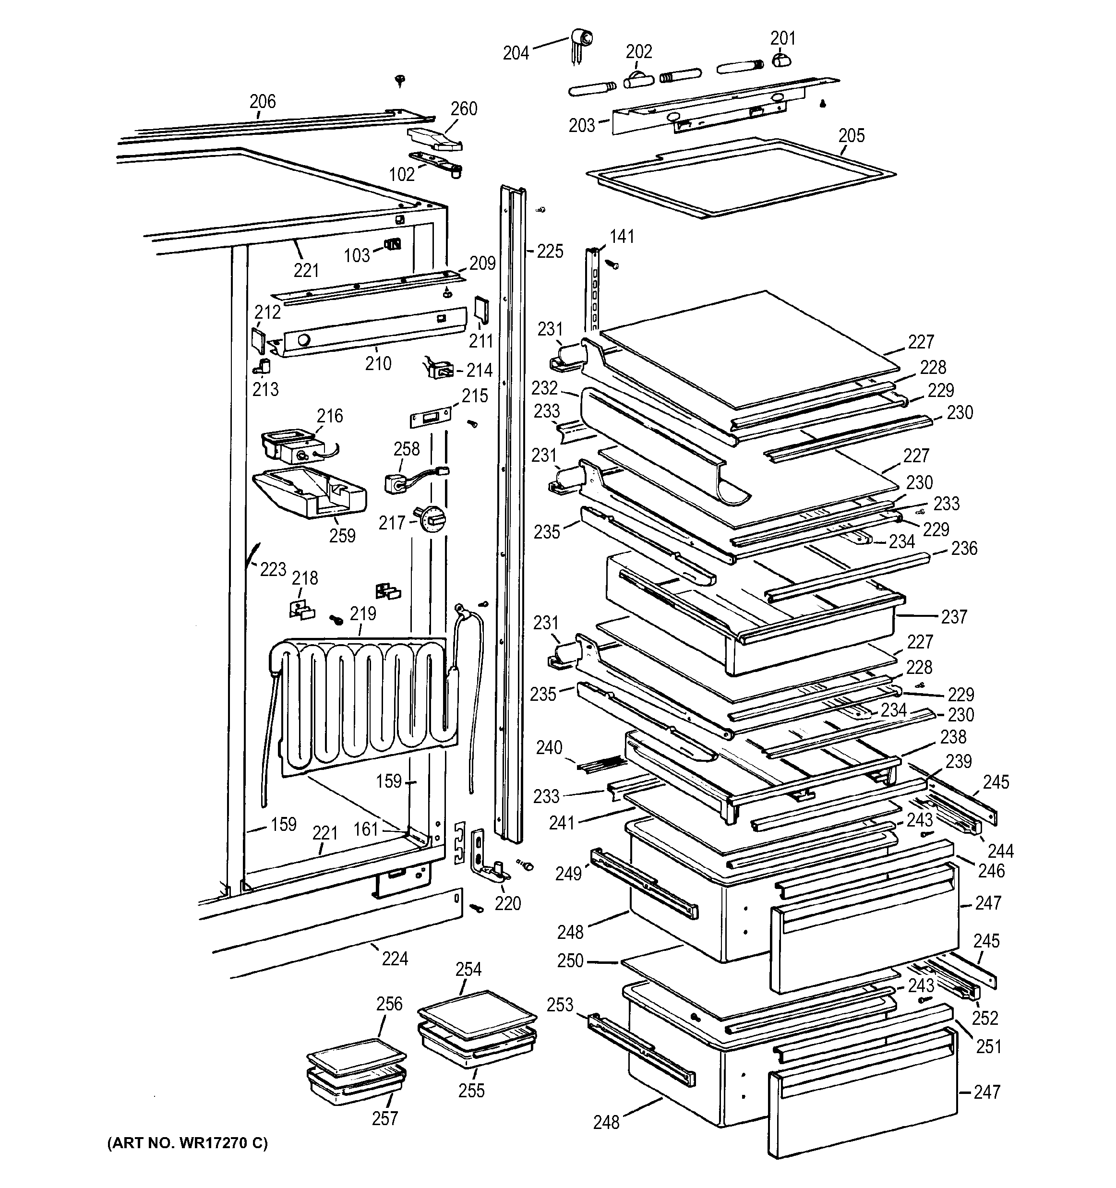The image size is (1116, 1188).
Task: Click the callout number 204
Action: (516, 54)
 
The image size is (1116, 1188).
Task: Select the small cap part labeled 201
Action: (781, 60)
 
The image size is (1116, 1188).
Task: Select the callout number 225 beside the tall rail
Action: (550, 252)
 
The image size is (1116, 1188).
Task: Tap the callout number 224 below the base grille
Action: (394, 959)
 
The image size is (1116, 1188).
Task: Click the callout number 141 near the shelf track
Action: (622, 237)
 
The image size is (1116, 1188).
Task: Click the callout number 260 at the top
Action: (464, 109)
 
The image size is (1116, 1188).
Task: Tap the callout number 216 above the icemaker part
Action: (330, 415)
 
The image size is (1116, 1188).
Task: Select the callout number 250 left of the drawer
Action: (570, 961)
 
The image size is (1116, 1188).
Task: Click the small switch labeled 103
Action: (393, 244)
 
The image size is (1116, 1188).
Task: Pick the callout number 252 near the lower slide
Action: (984, 1018)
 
